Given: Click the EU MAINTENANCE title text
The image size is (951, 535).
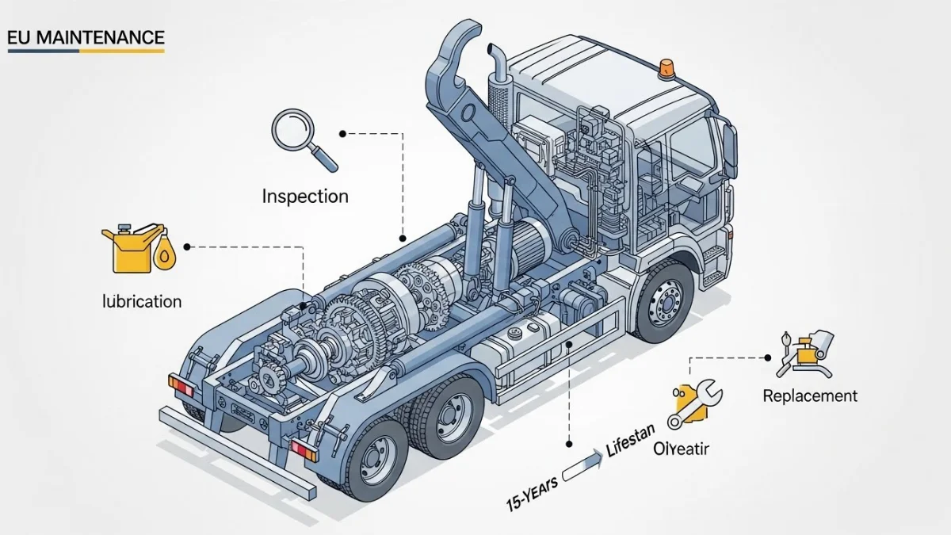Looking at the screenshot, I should [86, 37].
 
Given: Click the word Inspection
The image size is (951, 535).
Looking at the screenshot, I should [305, 196].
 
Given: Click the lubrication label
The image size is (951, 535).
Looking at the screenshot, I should [143, 301].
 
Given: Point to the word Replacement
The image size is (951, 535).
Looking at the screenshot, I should [809, 396].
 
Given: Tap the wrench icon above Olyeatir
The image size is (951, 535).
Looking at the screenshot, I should [693, 403].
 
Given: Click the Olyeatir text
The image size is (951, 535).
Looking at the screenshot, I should [682, 449].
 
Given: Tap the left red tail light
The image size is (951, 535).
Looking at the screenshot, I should [181, 388].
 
